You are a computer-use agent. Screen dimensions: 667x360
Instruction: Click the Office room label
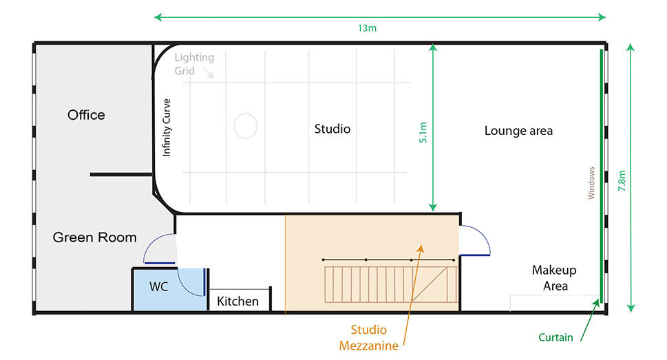click(86, 115)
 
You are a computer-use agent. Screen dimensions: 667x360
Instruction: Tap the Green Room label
click(94, 237)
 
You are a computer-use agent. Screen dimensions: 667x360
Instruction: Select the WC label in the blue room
click(159, 287)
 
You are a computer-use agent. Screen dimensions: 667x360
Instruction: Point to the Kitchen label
click(237, 301)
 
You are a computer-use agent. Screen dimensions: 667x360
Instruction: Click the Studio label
click(332, 129)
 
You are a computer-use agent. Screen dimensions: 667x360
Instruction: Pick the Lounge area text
click(518, 131)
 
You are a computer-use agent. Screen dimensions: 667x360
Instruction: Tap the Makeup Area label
click(554, 278)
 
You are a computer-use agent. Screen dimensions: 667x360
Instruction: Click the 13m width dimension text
click(367, 28)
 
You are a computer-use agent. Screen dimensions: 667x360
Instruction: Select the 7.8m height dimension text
click(622, 180)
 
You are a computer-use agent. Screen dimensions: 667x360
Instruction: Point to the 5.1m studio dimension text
click(423, 132)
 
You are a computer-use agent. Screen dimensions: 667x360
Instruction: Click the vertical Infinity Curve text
click(167, 127)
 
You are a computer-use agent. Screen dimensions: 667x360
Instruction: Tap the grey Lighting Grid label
click(194, 64)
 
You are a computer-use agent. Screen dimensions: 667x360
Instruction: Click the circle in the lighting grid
click(246, 126)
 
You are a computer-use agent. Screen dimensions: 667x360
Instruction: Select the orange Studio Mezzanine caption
click(369, 337)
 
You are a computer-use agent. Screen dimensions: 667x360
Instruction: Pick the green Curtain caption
click(555, 337)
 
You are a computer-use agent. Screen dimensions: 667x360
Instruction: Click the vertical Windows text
click(591, 183)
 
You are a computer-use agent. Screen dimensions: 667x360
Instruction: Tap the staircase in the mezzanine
click(391, 284)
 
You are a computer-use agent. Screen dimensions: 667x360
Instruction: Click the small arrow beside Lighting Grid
click(209, 74)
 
